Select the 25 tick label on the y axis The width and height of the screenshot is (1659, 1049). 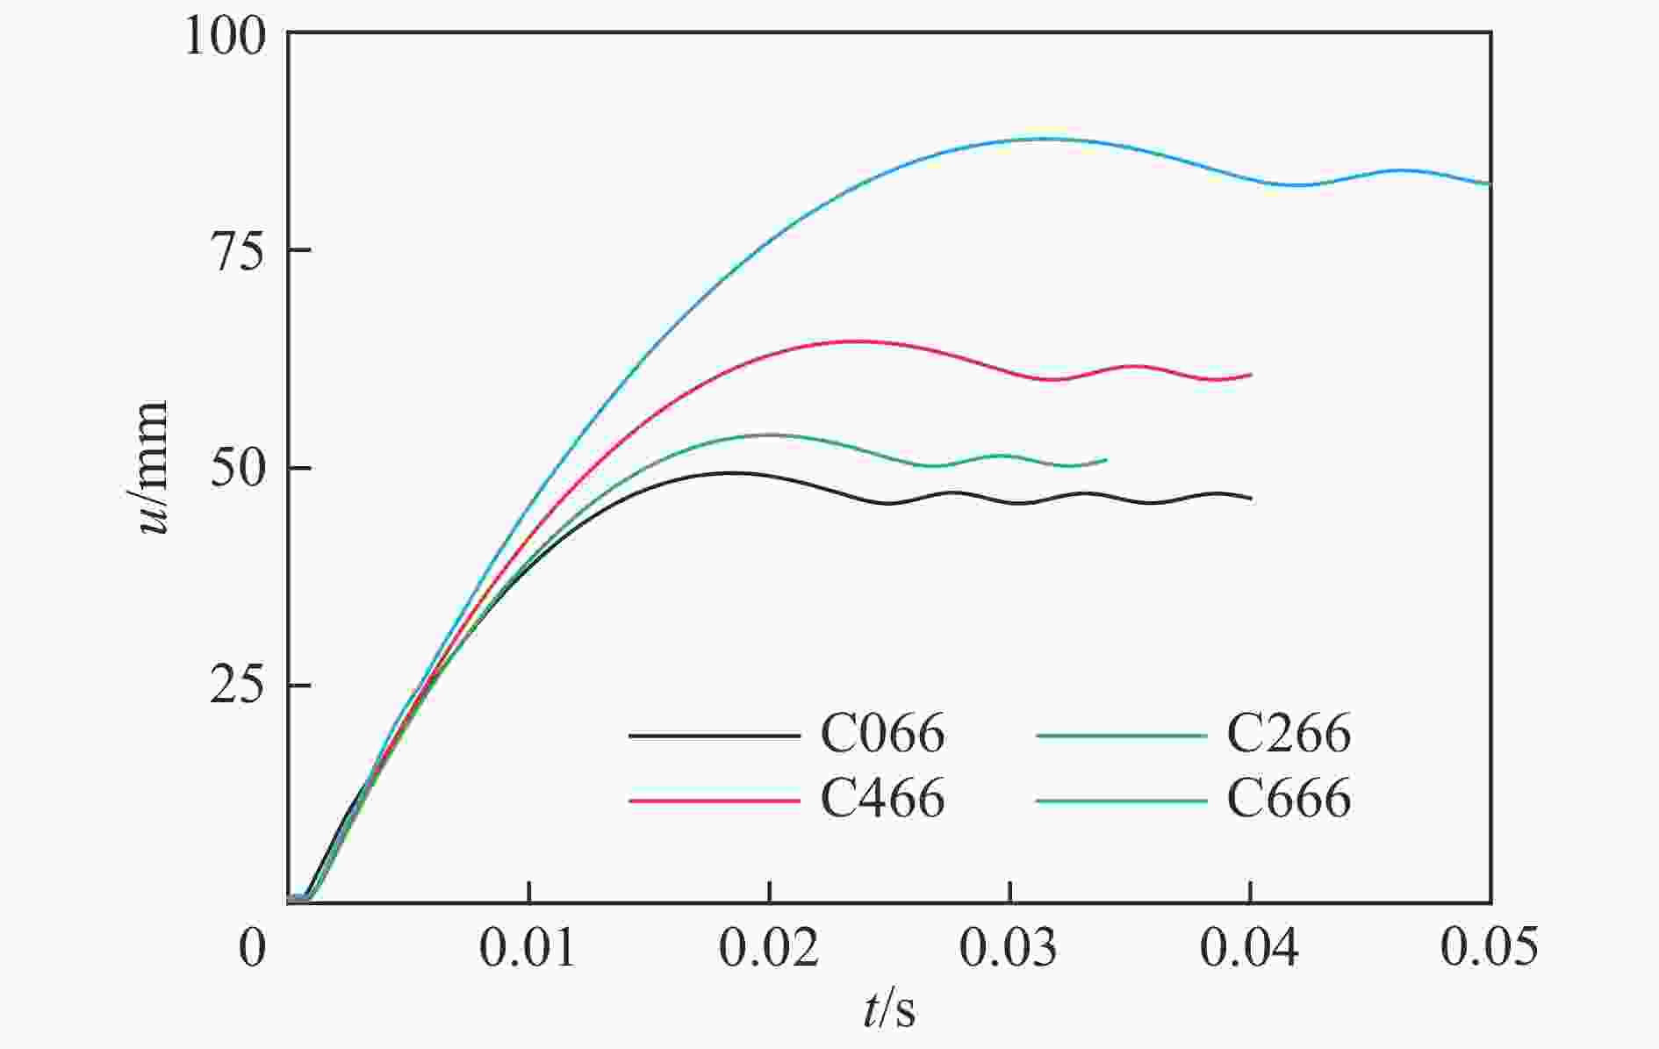[237, 686]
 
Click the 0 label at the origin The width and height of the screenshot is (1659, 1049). [253, 948]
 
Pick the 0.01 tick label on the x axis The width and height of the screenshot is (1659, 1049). [528, 948]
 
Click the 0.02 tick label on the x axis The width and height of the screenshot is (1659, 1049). [769, 948]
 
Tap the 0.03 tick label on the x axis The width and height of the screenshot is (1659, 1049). [1009, 948]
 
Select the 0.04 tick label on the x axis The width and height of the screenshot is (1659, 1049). [1250, 948]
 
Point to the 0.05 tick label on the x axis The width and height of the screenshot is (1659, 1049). [1490, 948]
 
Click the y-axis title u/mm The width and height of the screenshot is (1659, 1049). [151, 468]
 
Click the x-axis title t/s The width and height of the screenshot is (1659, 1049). [888, 1010]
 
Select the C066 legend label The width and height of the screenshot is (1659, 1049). [882, 734]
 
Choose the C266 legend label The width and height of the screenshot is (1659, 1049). [1288, 734]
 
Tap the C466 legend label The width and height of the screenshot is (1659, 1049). [882, 799]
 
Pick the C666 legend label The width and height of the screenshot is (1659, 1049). [1288, 799]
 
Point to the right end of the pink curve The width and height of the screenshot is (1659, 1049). [1250, 375]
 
